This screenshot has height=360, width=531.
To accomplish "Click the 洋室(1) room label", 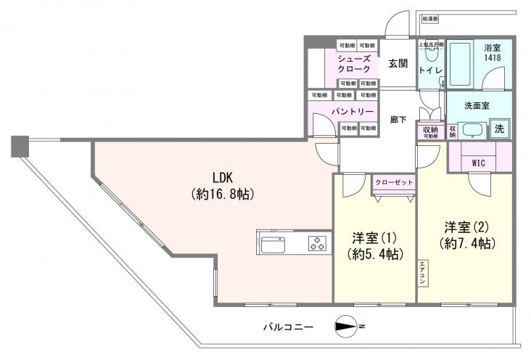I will point(374,245).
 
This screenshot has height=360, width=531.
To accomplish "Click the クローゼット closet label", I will point(394,182).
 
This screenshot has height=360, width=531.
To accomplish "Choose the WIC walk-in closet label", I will point(479,163).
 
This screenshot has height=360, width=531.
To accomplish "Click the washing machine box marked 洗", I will point(498,128).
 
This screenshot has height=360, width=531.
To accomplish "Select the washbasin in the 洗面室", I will point(472,131).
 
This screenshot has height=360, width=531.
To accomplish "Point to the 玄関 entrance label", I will point(397,63).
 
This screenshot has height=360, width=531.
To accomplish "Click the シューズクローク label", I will point(354,64).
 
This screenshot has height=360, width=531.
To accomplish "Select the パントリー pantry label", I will point(353,112).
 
